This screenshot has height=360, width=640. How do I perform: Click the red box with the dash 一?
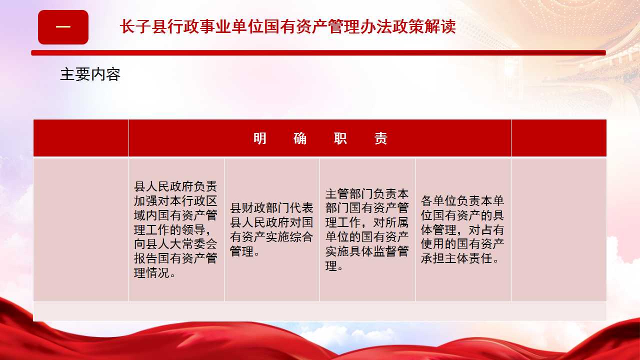[63, 27]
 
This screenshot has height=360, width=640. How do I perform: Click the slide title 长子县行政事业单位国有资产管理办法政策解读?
[287, 27]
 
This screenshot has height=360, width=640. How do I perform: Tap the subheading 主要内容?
[90, 74]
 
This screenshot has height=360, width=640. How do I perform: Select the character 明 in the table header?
[259, 138]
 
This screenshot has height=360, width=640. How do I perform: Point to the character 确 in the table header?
[300, 138]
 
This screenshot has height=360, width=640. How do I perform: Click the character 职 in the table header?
[340, 138]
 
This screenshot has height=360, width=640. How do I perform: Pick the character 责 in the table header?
[381, 138]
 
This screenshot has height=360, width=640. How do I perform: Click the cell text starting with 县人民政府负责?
[175, 229]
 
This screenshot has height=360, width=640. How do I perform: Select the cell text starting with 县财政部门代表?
[271, 229]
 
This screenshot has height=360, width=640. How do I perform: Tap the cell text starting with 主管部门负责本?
[367, 229]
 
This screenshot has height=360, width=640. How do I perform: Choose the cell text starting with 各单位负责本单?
[462, 229]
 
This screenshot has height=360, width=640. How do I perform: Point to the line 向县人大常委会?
[175, 244]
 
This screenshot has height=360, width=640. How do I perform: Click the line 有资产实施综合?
[271, 237]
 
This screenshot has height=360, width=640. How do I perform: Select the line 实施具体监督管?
[367, 251]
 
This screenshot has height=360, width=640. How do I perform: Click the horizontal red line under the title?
[318, 53]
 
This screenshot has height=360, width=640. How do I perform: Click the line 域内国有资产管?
[175, 215]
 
